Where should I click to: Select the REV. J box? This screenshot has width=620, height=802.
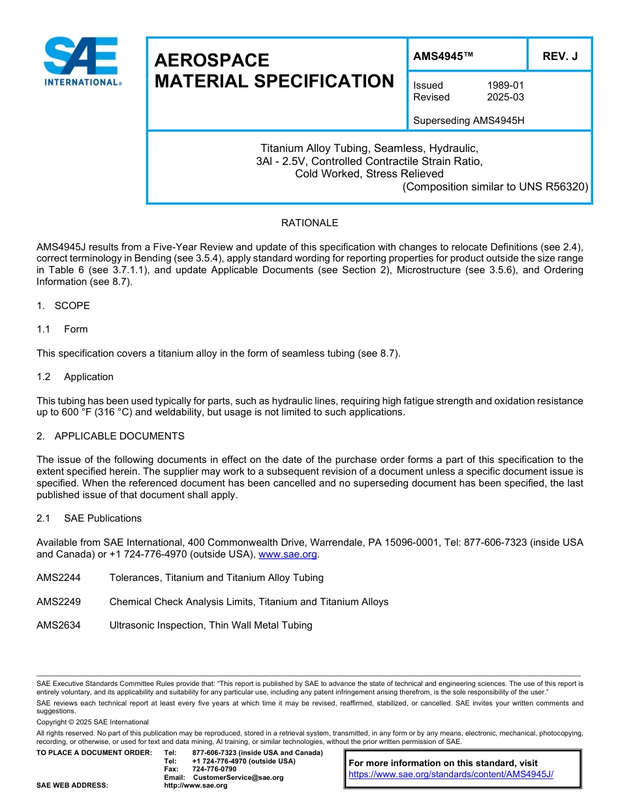click(560, 57)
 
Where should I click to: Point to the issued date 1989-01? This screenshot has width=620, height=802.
click(505, 85)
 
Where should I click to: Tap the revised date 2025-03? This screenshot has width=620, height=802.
click(505, 97)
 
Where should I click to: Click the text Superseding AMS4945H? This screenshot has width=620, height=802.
click(469, 121)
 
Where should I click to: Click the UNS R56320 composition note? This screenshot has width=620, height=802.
click(495, 186)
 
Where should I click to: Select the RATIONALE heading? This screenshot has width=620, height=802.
click(309, 223)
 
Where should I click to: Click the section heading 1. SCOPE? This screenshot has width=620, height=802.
click(63, 306)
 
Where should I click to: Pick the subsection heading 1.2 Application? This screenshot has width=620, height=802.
click(75, 377)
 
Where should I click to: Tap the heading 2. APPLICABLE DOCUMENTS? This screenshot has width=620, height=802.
click(110, 436)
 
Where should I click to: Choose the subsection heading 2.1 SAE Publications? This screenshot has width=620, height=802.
click(89, 518)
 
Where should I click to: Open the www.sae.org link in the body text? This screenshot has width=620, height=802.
click(288, 555)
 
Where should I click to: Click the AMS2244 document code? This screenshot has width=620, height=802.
click(59, 578)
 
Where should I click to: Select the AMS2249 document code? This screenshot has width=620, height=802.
click(59, 602)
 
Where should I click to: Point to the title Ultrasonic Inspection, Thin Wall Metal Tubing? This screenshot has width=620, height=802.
click(211, 625)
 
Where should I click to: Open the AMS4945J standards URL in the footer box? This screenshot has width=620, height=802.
click(451, 774)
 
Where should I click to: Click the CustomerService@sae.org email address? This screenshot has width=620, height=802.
click(238, 777)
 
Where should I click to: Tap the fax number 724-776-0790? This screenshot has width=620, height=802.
click(215, 769)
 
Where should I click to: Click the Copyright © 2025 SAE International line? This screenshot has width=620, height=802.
click(93, 722)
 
